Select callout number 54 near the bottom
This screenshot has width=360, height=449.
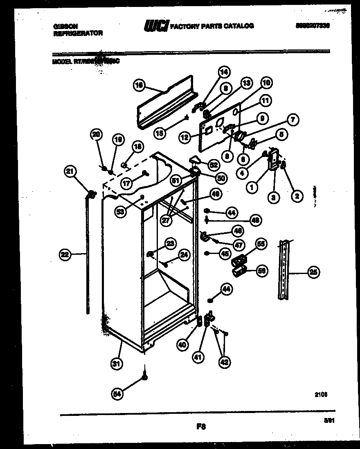(118, 393)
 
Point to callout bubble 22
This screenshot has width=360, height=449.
(65, 255)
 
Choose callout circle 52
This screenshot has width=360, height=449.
(213, 164)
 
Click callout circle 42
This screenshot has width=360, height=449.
(225, 361)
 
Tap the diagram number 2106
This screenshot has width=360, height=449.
(321, 394)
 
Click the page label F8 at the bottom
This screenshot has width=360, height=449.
(200, 427)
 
